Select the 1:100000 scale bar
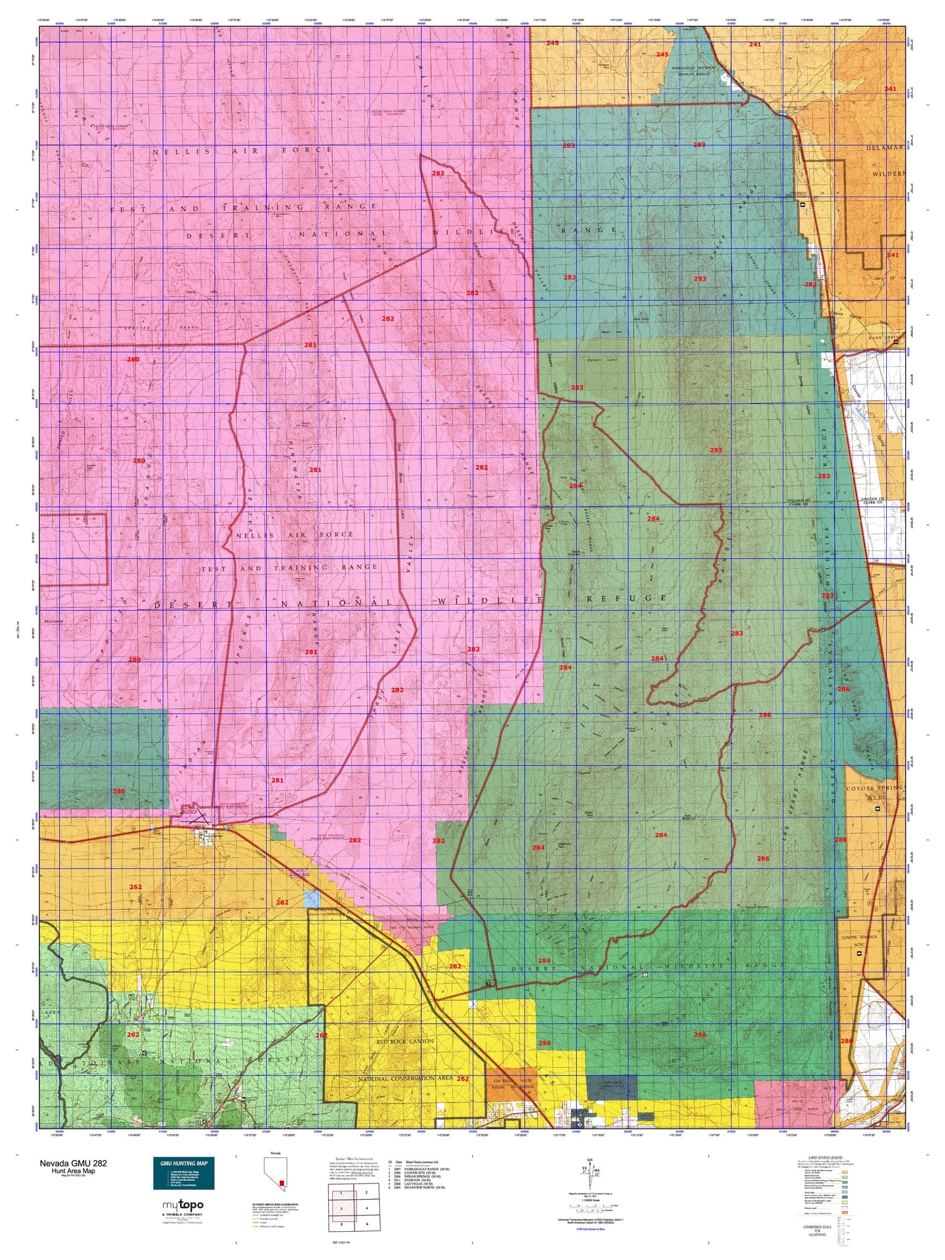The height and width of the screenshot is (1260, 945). click(x=590, y=1202)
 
